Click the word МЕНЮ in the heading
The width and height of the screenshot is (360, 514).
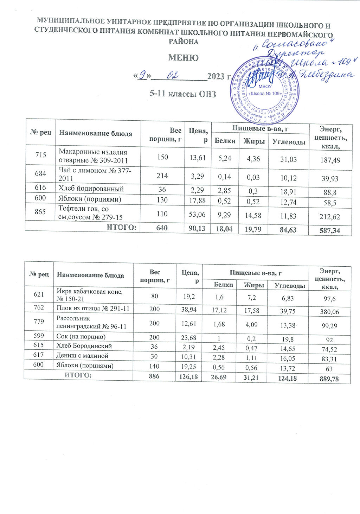pyautogui.click(x=183, y=58)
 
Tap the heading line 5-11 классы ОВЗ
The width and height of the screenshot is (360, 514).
pyautogui.click(x=182, y=94)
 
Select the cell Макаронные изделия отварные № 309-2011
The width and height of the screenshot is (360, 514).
pyautogui.click(x=93, y=156)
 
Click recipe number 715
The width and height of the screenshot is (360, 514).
pyautogui.click(x=40, y=155)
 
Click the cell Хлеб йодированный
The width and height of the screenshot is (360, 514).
pyautogui.click(x=91, y=189)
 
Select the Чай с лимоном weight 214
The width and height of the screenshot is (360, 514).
pyautogui.click(x=162, y=176)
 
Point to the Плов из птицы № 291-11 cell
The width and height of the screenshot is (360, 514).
pyautogui.click(x=93, y=309)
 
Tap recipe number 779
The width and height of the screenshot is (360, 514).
pyautogui.click(x=39, y=322)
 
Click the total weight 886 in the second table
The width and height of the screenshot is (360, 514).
pyautogui.click(x=154, y=376)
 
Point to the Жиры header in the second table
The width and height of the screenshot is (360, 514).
pyautogui.click(x=254, y=285)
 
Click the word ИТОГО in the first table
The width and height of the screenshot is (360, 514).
pyautogui.click(x=121, y=227)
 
